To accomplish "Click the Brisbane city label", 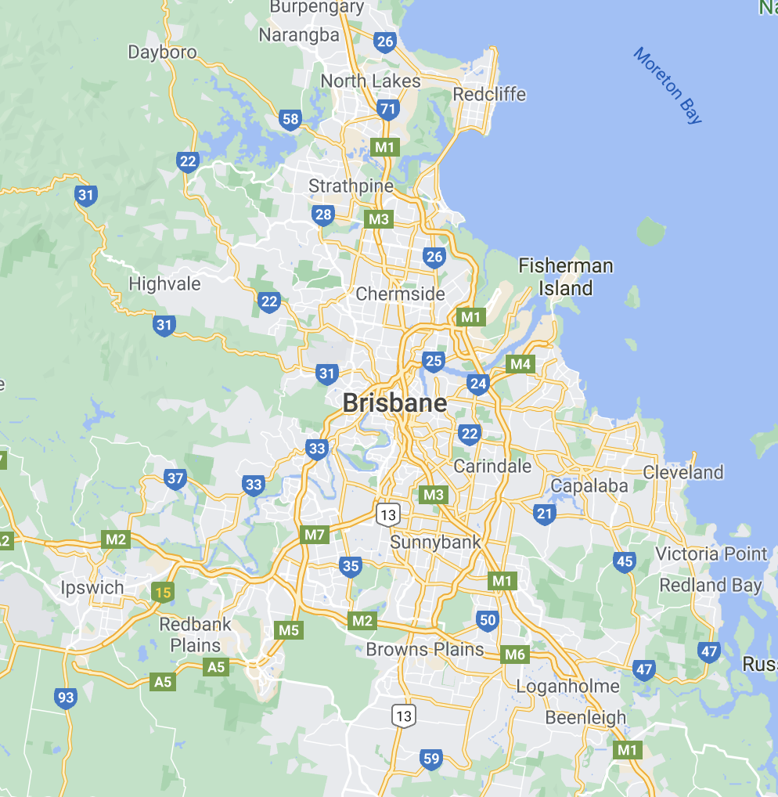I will (394, 403).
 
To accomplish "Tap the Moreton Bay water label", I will (668, 85).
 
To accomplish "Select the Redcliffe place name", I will (489, 95).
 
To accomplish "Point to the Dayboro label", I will (162, 52).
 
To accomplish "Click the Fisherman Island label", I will (565, 277).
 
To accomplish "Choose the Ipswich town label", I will (92, 587).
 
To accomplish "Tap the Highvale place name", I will (164, 283).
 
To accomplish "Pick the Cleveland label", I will (683, 472).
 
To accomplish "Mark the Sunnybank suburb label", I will (435, 542).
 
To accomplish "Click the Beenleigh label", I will (585, 717).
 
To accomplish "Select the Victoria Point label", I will (711, 554).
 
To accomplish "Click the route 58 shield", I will (290, 119).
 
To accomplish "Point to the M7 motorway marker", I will (314, 536).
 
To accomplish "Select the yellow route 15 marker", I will (162, 592).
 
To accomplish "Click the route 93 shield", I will (66, 698).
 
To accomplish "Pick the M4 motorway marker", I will (520, 364).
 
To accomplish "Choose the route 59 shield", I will (430, 758).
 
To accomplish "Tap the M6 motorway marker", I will (514, 655).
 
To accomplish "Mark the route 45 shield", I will (624, 561).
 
